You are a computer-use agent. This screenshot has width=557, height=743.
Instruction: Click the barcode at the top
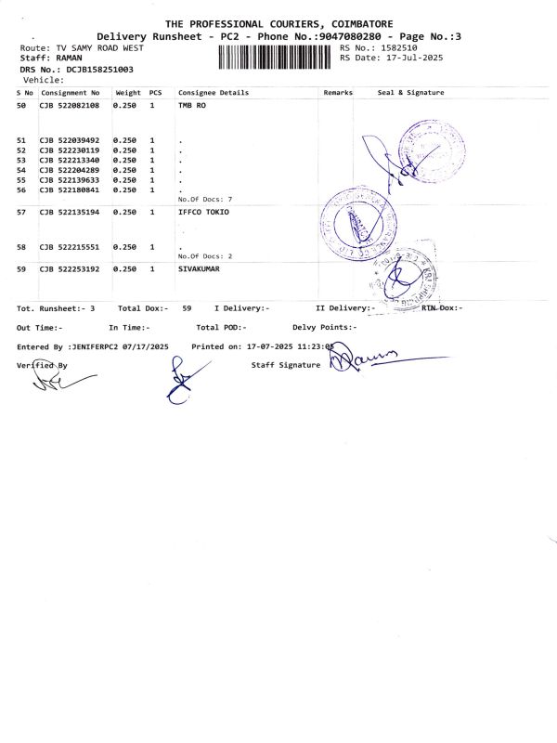(x=276, y=58)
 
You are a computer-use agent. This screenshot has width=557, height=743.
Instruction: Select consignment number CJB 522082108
(x=70, y=107)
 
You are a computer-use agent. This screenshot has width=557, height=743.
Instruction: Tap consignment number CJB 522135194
(x=70, y=213)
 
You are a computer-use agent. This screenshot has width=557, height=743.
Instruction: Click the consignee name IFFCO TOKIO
(x=202, y=213)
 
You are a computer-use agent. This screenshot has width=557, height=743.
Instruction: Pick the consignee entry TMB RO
(x=191, y=107)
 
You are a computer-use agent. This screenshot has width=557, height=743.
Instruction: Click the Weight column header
(x=128, y=93)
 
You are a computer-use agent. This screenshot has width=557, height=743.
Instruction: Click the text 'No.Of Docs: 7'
(x=204, y=200)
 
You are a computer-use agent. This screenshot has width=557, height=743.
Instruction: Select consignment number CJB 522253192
(x=70, y=268)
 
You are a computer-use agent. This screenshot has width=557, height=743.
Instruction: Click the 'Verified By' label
(x=43, y=365)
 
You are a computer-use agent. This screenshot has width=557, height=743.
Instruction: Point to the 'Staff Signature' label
(x=286, y=365)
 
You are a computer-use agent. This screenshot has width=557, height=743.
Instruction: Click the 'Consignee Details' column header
(x=214, y=93)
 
